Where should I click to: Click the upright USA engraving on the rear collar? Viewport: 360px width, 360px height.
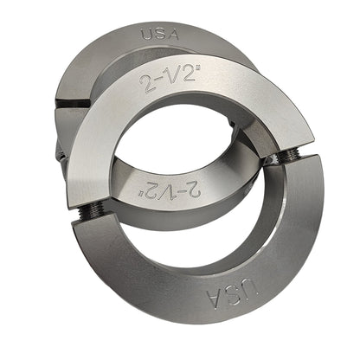(160, 35)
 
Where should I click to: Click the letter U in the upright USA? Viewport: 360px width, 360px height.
(147, 35)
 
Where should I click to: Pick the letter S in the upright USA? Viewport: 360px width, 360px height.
(160, 34)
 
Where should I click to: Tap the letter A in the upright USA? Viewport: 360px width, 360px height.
(173, 35)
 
